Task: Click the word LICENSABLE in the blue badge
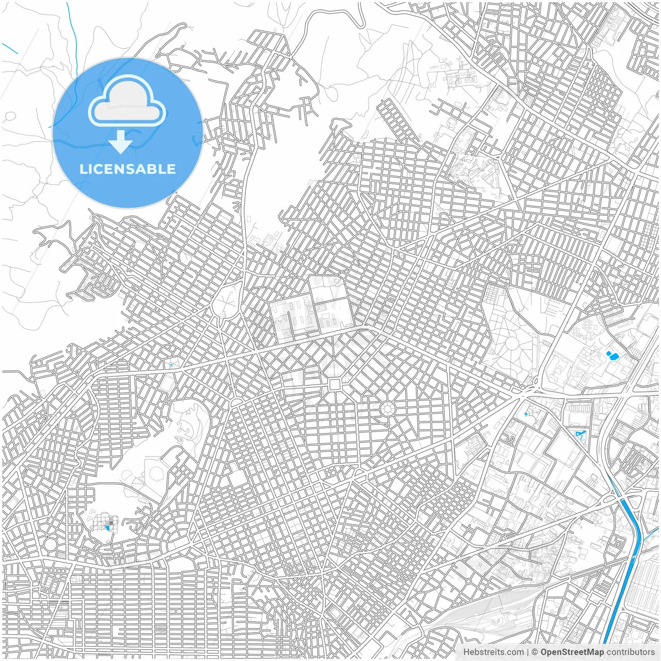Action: point(128,169)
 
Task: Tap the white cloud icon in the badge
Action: point(127,102)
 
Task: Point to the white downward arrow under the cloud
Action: point(121,142)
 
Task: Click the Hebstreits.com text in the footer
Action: point(493,652)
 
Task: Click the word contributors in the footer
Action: point(631,652)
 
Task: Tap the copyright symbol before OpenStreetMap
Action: point(535,652)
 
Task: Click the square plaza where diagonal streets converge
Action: point(335,384)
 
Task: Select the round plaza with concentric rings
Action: point(387,410)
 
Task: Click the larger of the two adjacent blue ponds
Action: point(613,355)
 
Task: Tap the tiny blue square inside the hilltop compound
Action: point(107,527)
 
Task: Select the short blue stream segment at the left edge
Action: point(10,48)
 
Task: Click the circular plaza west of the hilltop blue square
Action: point(50,544)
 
